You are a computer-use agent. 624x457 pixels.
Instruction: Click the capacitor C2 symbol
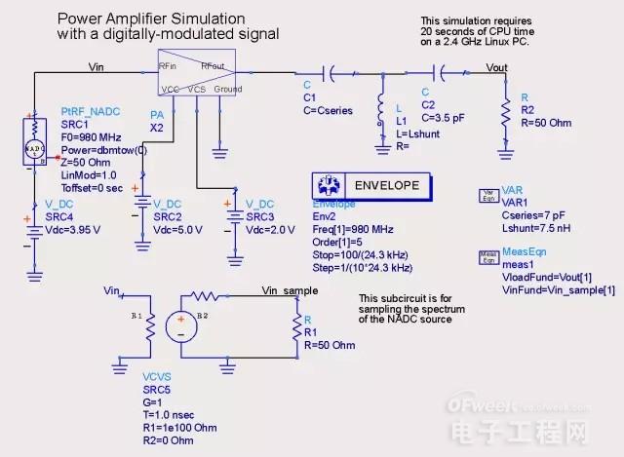pos(444,71)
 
